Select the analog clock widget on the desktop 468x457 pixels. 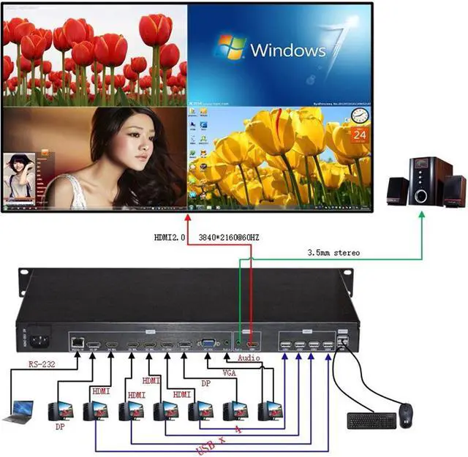click(359, 116)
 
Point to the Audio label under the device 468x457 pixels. click(249, 358)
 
